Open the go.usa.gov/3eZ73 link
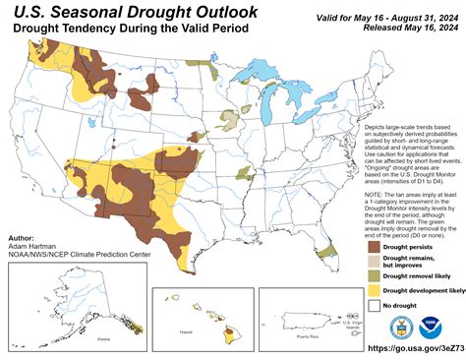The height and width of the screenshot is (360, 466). tap(414, 348)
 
